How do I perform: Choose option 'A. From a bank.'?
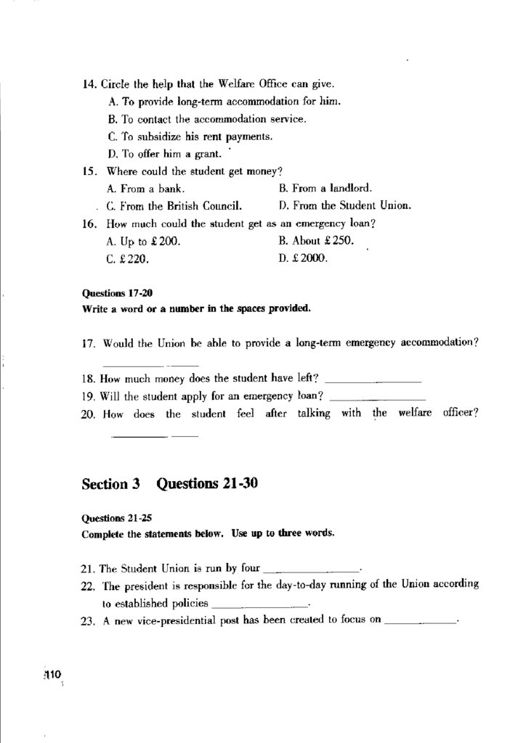coord(145,188)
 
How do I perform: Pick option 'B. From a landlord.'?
coord(325,188)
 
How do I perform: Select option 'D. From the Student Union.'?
coord(345,205)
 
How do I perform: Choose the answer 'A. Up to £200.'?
coord(143,241)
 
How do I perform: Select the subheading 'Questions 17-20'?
coord(118,294)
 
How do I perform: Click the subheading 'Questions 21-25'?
coord(118,520)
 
